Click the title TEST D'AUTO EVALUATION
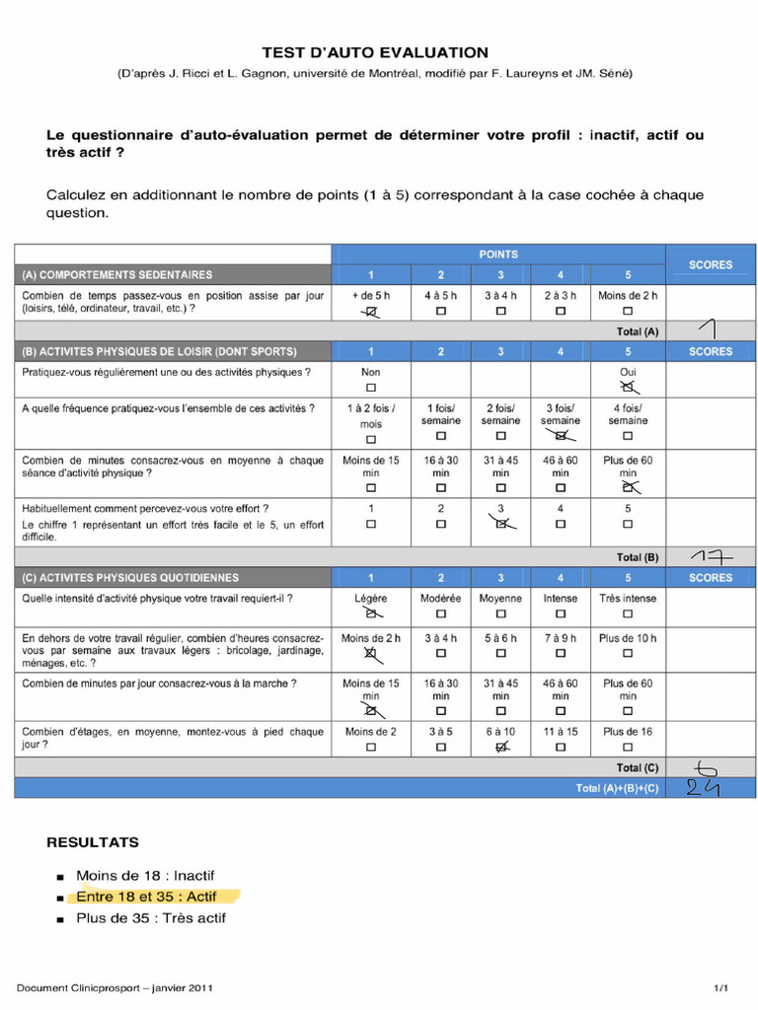click(374, 52)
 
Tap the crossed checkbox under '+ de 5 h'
click(371, 312)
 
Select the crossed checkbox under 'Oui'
click(628, 389)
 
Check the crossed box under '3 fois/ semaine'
click(561, 435)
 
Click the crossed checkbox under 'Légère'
click(371, 613)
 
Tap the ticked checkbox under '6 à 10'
click(500, 748)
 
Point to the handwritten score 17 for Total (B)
click(712, 557)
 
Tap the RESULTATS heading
click(93, 842)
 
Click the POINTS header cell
click(499, 254)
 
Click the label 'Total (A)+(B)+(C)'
click(617, 788)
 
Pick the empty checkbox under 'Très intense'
click(628, 613)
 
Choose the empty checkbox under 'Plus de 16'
click(628, 748)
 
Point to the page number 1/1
click(721, 987)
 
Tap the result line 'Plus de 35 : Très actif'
click(151, 918)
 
